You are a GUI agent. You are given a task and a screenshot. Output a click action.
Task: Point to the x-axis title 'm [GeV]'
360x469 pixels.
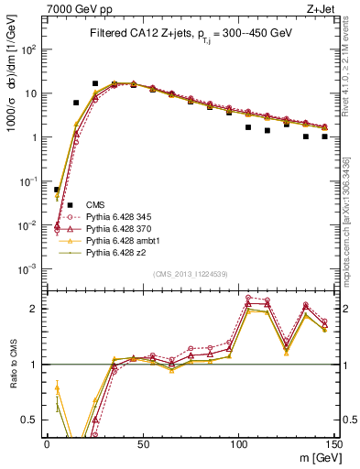click(315, 456)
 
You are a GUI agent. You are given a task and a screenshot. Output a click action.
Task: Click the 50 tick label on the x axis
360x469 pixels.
click(142, 442)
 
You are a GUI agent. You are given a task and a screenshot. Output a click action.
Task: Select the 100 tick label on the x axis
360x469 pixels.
click(238, 442)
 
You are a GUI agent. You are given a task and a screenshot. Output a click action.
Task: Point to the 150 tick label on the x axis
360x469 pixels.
click(333, 442)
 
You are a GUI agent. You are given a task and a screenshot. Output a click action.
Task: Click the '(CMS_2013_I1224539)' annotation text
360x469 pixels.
click(190, 272)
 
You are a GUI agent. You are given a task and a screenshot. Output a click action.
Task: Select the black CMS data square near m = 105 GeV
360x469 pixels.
click(248, 127)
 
